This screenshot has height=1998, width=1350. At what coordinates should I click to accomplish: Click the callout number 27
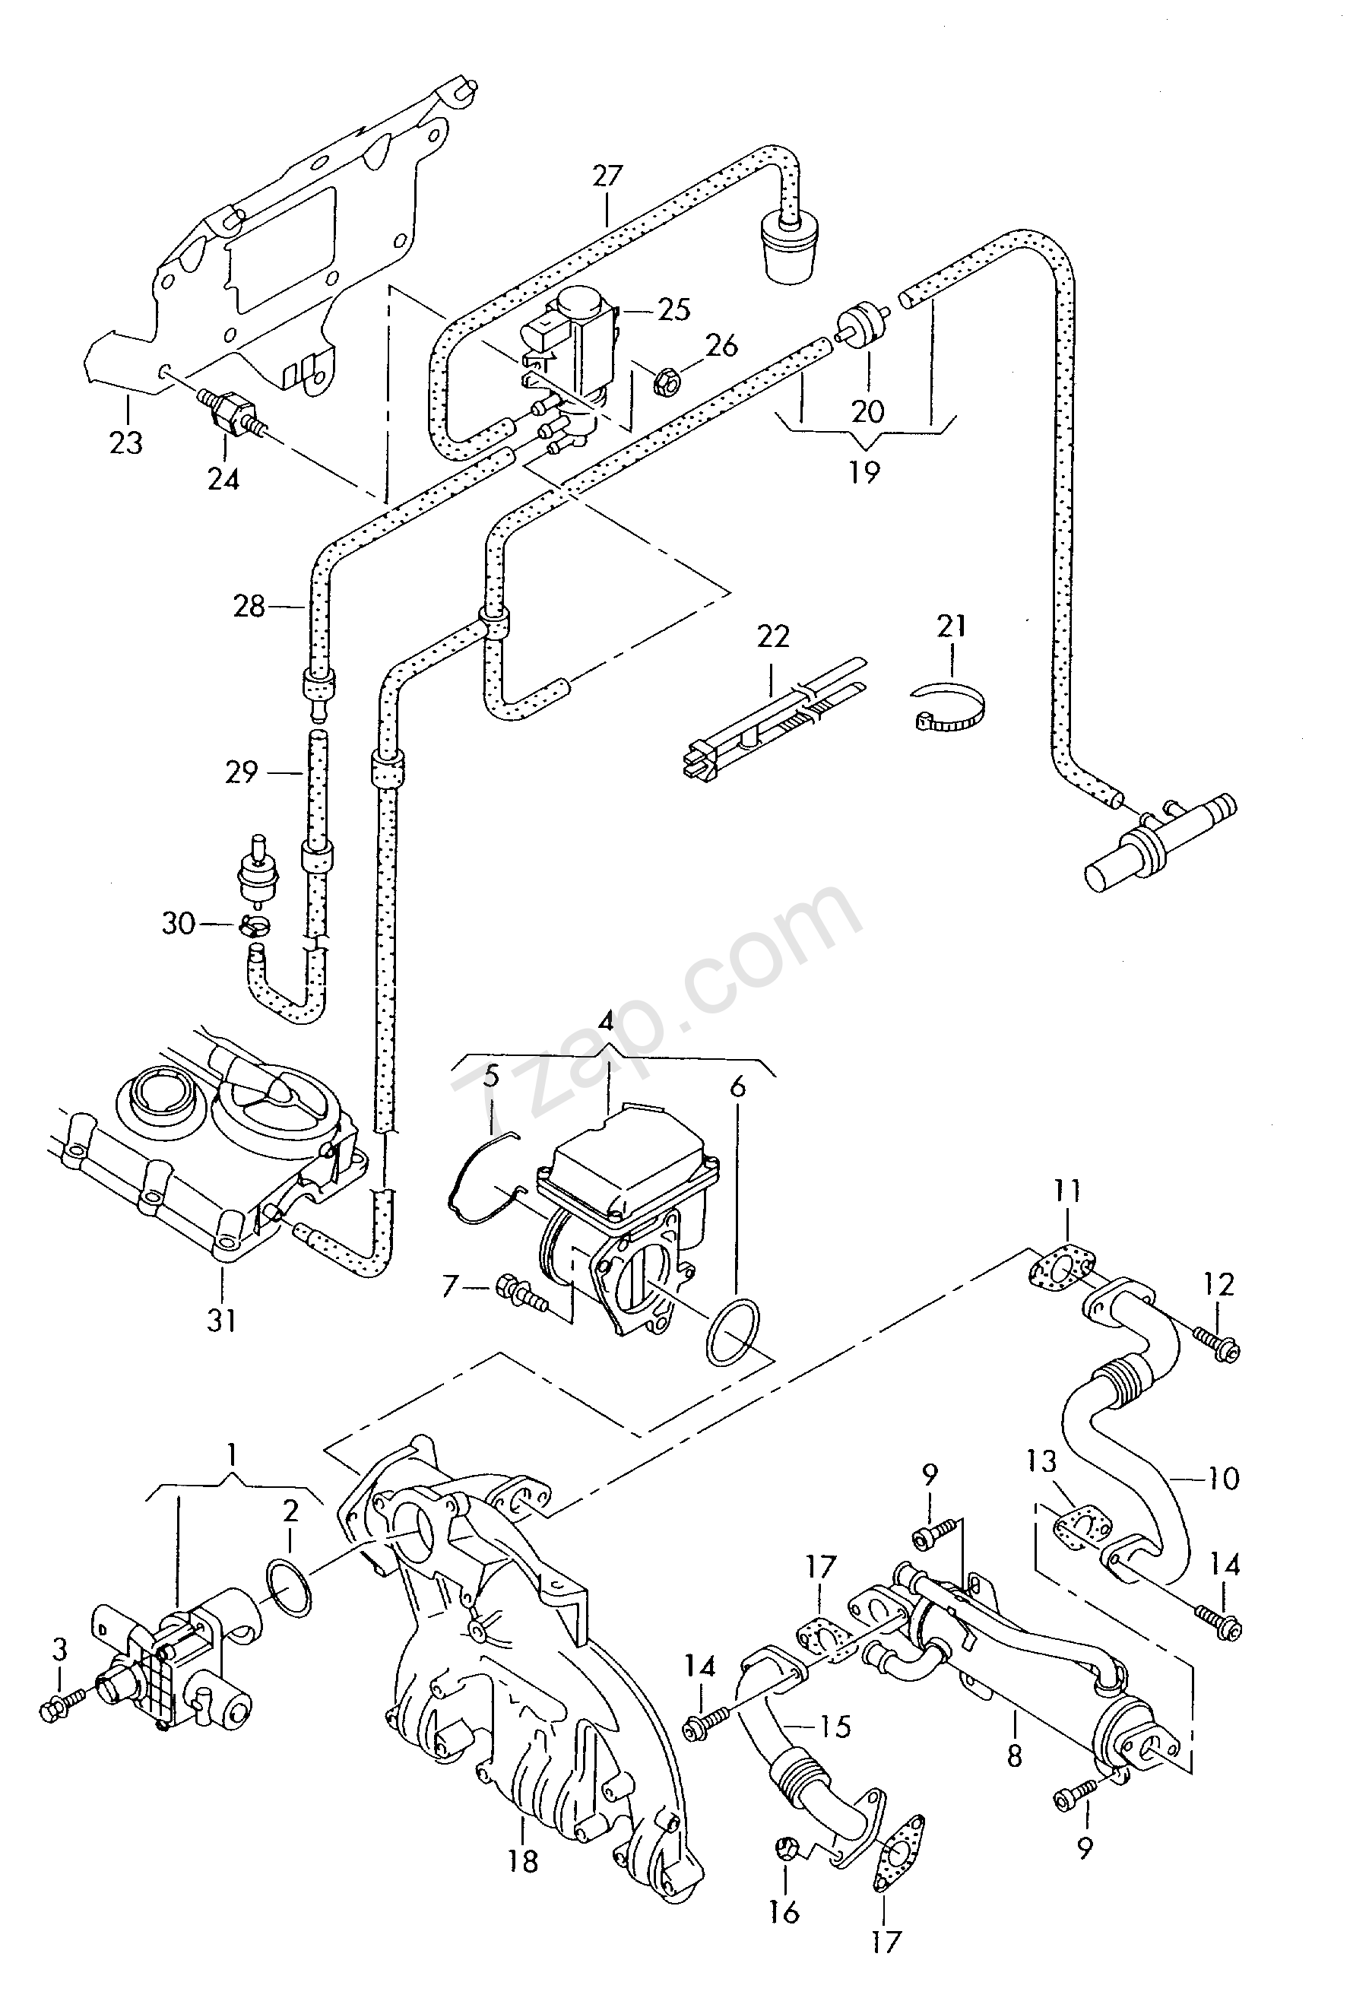(607, 176)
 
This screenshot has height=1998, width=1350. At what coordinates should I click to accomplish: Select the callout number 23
(125, 443)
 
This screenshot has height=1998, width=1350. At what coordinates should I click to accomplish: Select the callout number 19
(864, 472)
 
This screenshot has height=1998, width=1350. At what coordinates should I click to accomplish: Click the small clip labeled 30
(253, 925)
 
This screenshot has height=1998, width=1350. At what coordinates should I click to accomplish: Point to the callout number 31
(221, 1320)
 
